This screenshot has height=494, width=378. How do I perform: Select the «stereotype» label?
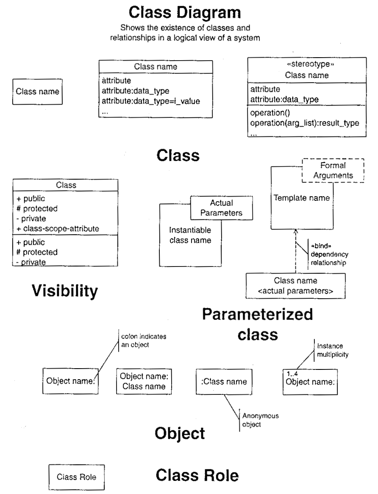(307, 65)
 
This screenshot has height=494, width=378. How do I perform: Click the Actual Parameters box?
(221, 208)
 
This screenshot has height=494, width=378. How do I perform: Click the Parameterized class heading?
(257, 324)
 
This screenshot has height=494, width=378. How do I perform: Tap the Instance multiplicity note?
(332, 350)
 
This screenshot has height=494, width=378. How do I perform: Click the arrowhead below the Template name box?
(296, 232)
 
